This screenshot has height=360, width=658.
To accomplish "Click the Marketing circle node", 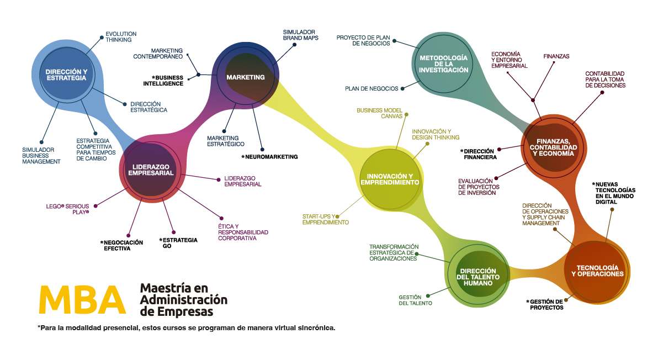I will [x=245, y=77].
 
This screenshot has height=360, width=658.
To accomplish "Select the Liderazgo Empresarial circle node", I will [x=151, y=170].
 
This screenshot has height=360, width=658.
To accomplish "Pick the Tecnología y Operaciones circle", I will [x=597, y=270].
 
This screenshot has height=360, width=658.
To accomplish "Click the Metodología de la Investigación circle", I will [x=443, y=63].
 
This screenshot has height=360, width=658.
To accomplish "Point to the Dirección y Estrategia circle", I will [x=66, y=75].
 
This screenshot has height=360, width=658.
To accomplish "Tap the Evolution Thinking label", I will [x=120, y=37].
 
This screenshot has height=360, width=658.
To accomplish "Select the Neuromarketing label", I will [x=269, y=157].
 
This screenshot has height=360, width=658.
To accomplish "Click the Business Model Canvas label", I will [x=379, y=113].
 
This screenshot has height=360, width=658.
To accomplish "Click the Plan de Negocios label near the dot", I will [x=371, y=88].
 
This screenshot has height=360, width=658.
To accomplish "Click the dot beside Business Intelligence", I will [x=198, y=75].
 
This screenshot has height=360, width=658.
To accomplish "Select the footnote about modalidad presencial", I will [x=187, y=328].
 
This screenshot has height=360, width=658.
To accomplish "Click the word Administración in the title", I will [x=183, y=300].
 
